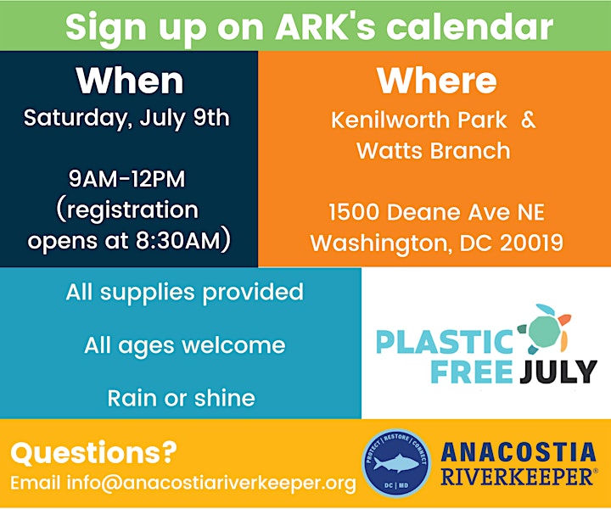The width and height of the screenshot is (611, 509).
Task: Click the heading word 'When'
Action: tap(130, 81)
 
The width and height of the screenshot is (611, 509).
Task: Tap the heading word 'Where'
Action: tap(436, 81)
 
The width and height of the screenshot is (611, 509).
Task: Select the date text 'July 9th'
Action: tap(185, 119)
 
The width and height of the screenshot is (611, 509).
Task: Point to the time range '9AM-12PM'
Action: tap(127, 179)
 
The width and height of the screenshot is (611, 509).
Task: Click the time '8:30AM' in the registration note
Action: tap(178, 240)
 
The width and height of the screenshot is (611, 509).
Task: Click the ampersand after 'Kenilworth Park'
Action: tap(528, 120)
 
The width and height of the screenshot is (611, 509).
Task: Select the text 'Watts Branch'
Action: tap(434, 150)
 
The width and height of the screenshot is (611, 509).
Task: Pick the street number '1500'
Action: tap(354, 212)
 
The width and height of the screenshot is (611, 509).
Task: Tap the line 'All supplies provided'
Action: tap(184, 292)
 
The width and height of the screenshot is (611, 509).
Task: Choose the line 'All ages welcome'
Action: tap(185, 345)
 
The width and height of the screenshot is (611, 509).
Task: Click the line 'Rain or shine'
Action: tap(182, 398)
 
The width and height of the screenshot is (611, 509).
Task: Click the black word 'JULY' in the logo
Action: tap(558, 372)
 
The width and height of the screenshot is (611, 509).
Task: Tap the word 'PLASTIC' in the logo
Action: tap(445, 342)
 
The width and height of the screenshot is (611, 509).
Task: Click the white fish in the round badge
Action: tap(395, 463)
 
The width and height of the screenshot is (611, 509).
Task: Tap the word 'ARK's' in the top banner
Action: tap(325, 26)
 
